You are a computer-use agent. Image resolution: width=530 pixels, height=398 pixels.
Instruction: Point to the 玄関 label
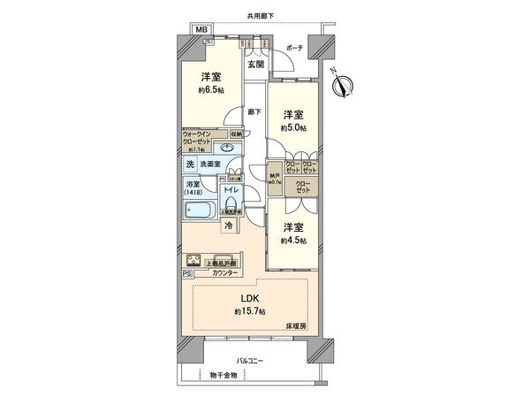(x=254, y=65)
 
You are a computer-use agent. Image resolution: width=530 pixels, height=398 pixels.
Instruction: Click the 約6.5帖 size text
(x=211, y=90)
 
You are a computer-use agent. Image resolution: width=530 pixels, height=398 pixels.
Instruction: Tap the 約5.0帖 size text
(x=294, y=127)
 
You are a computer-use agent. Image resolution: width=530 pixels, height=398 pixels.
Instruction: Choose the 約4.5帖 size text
(x=294, y=240)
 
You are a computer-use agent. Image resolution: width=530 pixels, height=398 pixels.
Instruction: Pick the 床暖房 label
(x=296, y=326)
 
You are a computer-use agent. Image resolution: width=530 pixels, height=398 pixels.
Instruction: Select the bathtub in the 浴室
(x=201, y=211)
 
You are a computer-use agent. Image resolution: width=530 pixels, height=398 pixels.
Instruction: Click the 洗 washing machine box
(x=190, y=164)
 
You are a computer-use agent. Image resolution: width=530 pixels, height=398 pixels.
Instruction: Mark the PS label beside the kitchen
(x=186, y=274)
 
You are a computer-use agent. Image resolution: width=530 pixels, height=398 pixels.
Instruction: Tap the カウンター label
(x=224, y=273)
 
